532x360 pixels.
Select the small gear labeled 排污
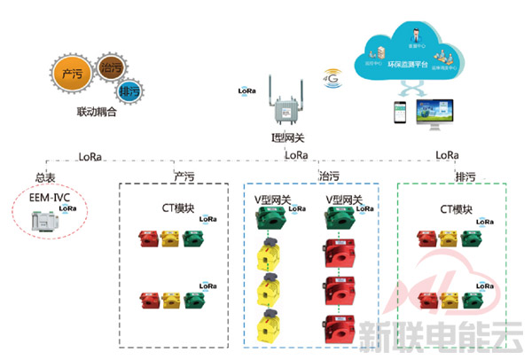point(128,90)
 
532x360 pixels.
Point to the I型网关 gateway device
point(285,106)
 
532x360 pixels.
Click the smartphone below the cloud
point(403,113)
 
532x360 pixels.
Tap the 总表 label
point(45,176)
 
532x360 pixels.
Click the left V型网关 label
point(272,200)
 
